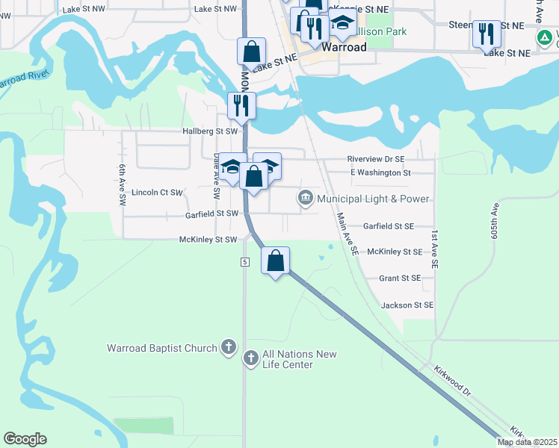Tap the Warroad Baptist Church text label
click(x=161, y=348)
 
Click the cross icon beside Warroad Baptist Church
click(x=229, y=348)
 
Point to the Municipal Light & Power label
click(x=373, y=199)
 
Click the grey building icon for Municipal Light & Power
click(x=305, y=198)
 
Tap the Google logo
click(x=25, y=439)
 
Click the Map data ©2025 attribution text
click(x=526, y=442)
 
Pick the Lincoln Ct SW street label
click(x=157, y=193)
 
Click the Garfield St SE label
click(x=388, y=225)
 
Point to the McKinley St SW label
click(x=208, y=240)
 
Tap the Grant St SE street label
click(x=400, y=278)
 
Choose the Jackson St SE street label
click(x=407, y=305)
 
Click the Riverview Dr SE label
click(x=375, y=159)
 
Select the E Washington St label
click(x=380, y=172)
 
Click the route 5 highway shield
click(x=244, y=261)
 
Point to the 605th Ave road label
click(x=495, y=223)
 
